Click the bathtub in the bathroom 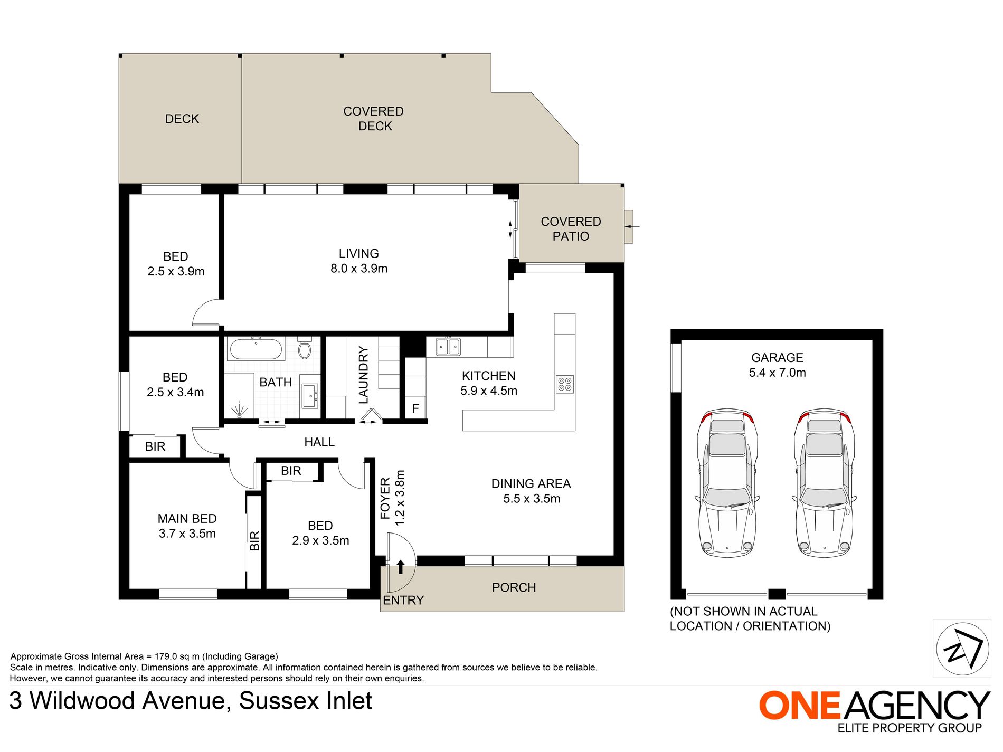256,349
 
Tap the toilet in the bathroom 305,348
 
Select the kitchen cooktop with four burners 565,384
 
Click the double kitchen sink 448,347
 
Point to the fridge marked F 415,408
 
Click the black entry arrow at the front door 401,567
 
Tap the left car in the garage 727,482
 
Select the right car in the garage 824,482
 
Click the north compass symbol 962,649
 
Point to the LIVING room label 359,254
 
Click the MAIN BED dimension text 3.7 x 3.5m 187,534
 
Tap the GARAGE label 777,358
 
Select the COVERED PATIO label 571,229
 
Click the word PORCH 514,587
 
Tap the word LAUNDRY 364,375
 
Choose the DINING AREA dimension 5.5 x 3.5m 532,499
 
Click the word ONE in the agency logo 799,706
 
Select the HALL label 319,442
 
